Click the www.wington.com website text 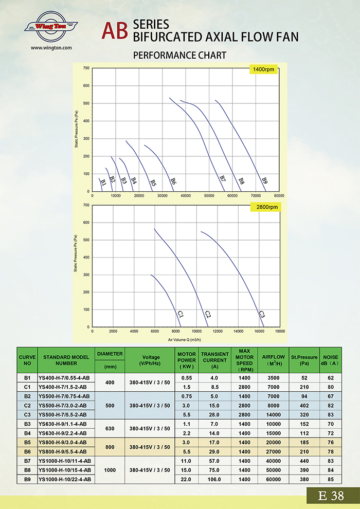click(51, 48)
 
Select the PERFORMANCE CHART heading click(179, 55)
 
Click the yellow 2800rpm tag click(263, 207)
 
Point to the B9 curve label click(265, 180)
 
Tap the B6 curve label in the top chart click(173, 181)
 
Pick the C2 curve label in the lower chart click(208, 314)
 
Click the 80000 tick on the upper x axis click(279, 196)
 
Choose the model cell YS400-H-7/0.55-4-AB click(64, 377)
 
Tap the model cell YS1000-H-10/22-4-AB click(65, 479)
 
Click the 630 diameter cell click(110, 428)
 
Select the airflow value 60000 click(271, 479)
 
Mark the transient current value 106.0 click(214, 479)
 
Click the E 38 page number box click(331, 496)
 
